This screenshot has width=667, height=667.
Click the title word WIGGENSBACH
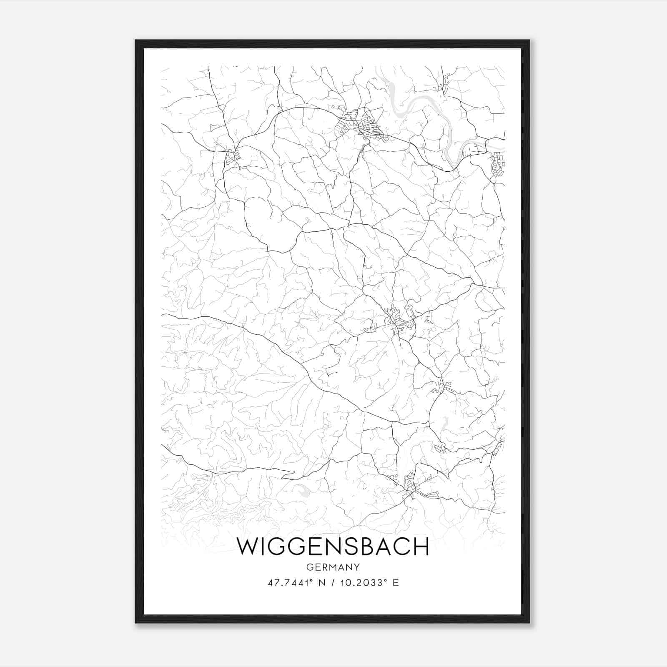(332, 547)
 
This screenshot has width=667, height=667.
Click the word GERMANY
(333, 567)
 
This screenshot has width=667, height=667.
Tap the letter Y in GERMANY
(357, 567)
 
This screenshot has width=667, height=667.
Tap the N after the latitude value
(321, 583)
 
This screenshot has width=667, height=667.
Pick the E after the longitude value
(396, 583)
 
